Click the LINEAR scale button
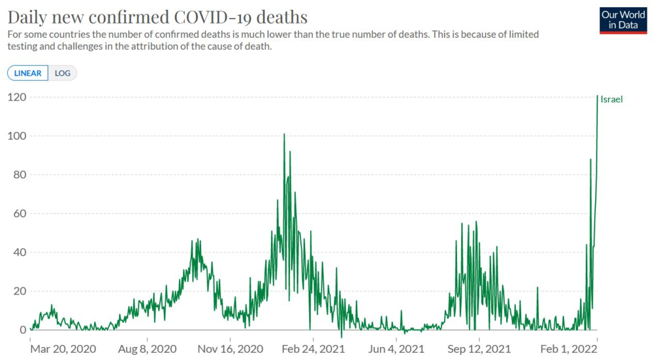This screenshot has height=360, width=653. [28, 73]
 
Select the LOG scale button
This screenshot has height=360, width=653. [63, 73]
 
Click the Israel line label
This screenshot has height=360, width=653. [612, 99]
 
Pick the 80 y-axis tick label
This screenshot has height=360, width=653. [18, 175]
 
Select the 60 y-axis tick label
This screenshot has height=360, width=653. [18, 214]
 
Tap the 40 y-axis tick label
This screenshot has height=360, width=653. [18, 252]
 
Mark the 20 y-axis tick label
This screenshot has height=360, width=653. [18, 291]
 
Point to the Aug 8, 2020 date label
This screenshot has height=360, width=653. [148, 349]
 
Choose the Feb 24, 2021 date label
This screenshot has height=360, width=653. [313, 349]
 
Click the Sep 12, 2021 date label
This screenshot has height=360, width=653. [479, 349]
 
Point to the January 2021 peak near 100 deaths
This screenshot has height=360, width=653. [284, 135]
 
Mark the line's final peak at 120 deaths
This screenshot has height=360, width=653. [597, 97]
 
